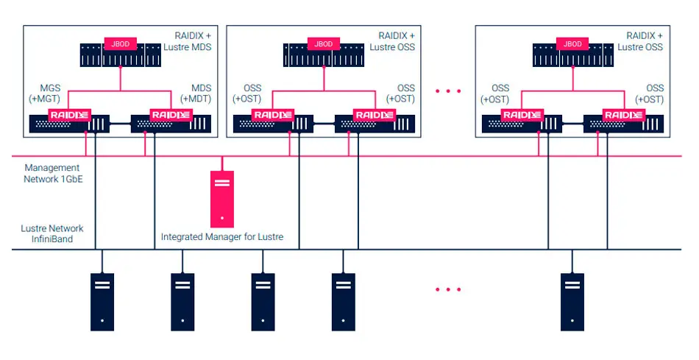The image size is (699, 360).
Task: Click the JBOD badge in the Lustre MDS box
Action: pos(119,44)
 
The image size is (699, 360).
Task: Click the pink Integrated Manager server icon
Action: pos(222,199)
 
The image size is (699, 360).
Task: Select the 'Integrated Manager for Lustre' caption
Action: pos(222,237)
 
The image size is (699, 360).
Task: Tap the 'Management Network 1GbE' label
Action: pos(52,173)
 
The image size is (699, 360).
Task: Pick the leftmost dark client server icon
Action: pos(102,301)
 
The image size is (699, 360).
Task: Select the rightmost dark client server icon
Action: pos(572,301)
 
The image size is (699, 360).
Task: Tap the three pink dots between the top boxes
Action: pos(447,91)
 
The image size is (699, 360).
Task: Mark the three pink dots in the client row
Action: pos(447,289)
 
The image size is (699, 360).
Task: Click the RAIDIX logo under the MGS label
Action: pos(68,115)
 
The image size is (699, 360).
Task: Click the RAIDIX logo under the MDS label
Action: pos(171,115)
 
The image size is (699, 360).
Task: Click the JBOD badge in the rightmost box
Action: pos(572,44)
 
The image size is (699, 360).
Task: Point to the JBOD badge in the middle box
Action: pos(324,44)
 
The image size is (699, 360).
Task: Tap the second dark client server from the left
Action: pos(182,301)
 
